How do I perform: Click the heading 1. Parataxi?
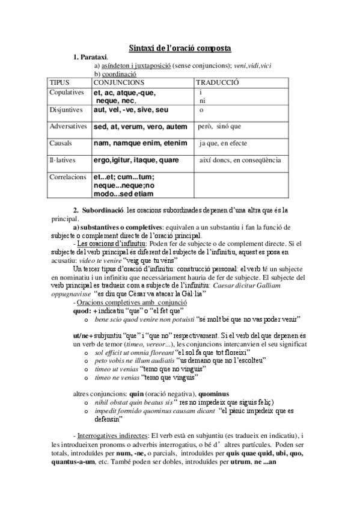point(91,57)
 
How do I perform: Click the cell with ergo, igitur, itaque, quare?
point(136,161)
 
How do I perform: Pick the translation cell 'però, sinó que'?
point(219,127)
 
